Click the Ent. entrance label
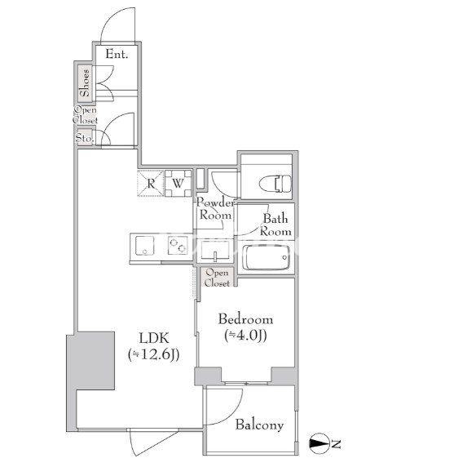click(117, 54)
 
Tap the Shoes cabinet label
click(85, 82)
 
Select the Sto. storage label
click(85, 138)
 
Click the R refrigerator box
click(151, 184)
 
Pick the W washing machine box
click(178, 183)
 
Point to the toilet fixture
click(275, 184)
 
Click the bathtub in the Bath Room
click(266, 257)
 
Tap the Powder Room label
click(215, 209)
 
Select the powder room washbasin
click(215, 251)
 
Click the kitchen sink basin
click(145, 246)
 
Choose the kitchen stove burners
click(178, 246)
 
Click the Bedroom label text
click(245, 319)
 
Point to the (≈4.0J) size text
click(245, 336)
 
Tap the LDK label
click(154, 338)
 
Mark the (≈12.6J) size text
click(154, 354)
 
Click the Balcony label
click(259, 425)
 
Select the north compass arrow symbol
click(319, 444)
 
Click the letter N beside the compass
click(336, 444)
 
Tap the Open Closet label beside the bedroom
click(217, 278)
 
